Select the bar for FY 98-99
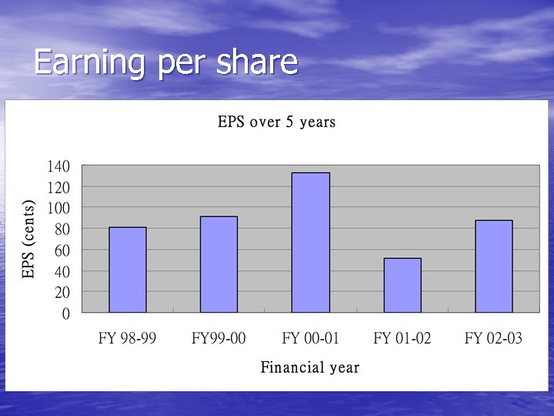(x=128, y=270)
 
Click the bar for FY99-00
(x=219, y=264)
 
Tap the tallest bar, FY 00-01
(x=311, y=243)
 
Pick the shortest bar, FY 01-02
(x=402, y=285)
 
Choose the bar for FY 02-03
(x=494, y=267)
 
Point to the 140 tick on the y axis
(x=58, y=166)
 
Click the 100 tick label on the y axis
(x=58, y=208)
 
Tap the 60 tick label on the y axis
(x=62, y=250)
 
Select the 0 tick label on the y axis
(x=66, y=314)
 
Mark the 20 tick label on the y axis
(x=62, y=293)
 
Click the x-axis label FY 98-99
(x=127, y=338)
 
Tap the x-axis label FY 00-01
(x=311, y=338)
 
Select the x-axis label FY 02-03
(x=494, y=338)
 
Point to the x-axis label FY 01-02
(x=402, y=338)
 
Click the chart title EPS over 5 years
(x=277, y=122)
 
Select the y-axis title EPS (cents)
(x=28, y=240)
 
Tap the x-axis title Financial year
(x=310, y=367)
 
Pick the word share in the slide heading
(x=257, y=62)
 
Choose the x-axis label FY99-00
(x=219, y=338)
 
